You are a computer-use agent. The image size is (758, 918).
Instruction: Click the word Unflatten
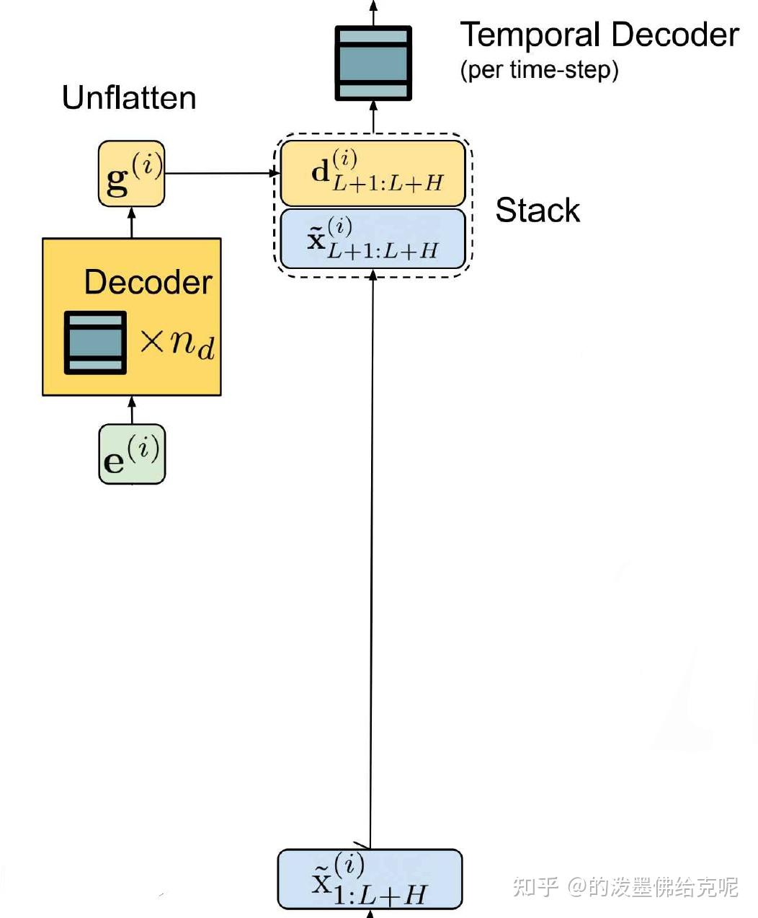pyautogui.click(x=129, y=98)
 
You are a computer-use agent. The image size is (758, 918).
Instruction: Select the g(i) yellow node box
pyautogui.click(x=132, y=174)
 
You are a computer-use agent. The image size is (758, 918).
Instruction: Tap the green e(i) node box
pyautogui.click(x=132, y=454)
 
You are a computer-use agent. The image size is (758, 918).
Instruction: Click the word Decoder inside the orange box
pyautogui.click(x=148, y=282)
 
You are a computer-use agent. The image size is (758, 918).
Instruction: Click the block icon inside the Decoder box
pyautogui.click(x=95, y=343)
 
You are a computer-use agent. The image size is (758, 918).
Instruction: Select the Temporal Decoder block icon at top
pyautogui.click(x=373, y=63)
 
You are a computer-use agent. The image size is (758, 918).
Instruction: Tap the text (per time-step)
pyautogui.click(x=539, y=70)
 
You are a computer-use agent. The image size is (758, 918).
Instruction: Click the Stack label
pyautogui.click(x=538, y=211)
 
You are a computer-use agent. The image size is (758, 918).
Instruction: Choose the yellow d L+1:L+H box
pyautogui.click(x=373, y=174)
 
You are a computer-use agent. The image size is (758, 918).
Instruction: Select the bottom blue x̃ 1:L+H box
pyautogui.click(x=370, y=880)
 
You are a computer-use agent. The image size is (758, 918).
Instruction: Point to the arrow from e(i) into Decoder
pyautogui.click(x=132, y=410)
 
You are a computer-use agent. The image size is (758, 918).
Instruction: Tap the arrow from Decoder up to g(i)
pyautogui.click(x=132, y=222)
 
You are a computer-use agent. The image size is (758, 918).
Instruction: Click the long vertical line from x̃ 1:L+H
pyautogui.click(x=372, y=562)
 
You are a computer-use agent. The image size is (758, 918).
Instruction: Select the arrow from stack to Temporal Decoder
pyautogui.click(x=373, y=117)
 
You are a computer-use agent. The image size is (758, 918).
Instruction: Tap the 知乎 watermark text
pyautogui.click(x=535, y=886)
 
